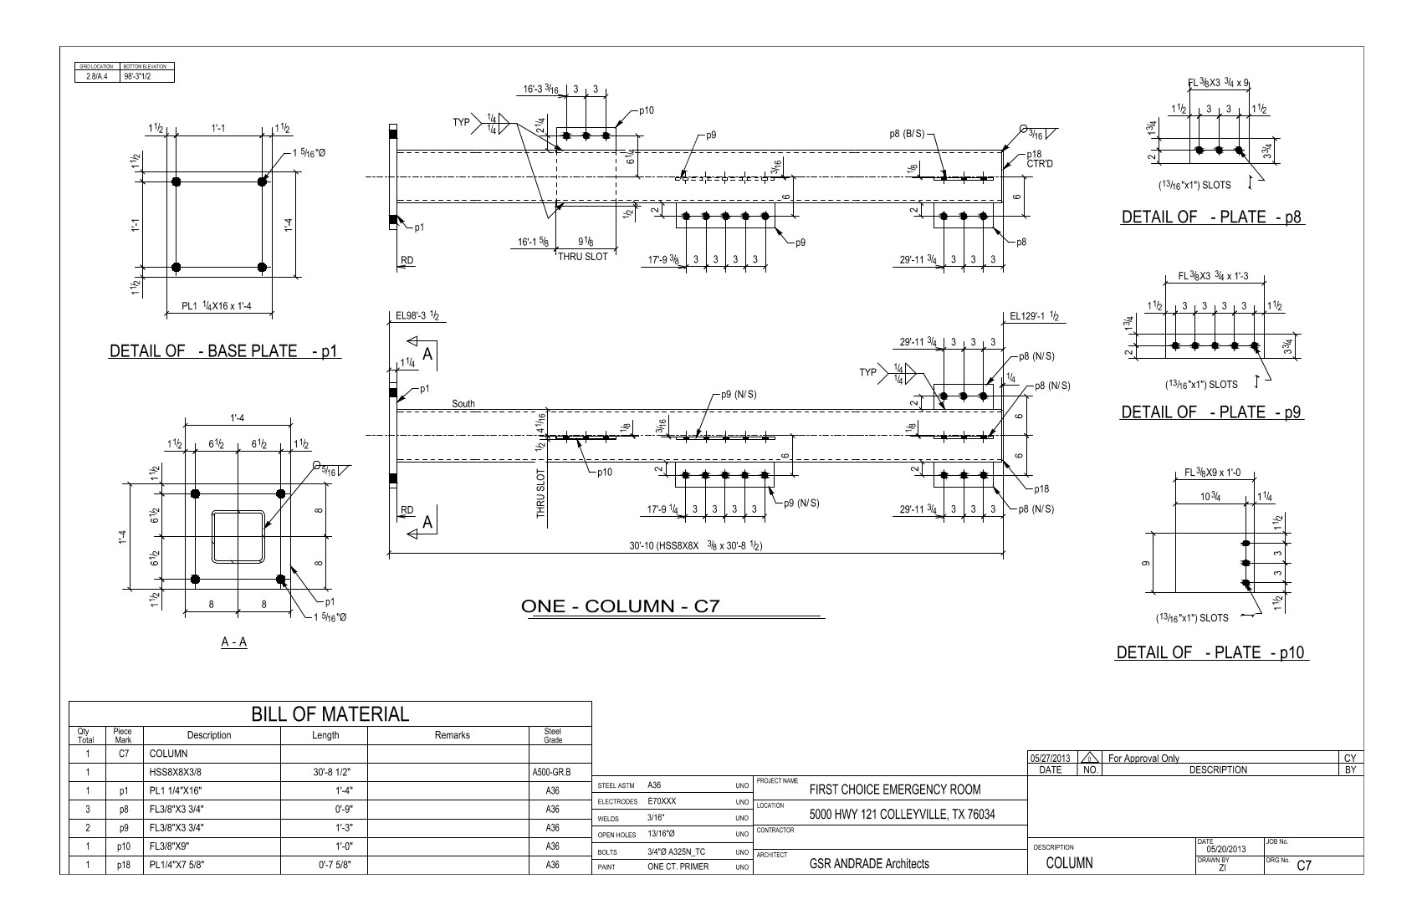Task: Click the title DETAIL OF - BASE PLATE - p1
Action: click(224, 350)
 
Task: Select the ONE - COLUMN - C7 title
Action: click(620, 606)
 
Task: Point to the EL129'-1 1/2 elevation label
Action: click(1034, 316)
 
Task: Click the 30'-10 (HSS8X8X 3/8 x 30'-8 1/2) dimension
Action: click(699, 545)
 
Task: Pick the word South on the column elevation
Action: click(463, 404)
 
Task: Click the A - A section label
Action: click(233, 642)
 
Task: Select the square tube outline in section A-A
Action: click(238, 536)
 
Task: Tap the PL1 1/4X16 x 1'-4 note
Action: click(217, 306)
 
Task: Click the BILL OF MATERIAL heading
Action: click(330, 713)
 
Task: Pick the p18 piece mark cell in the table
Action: click(123, 865)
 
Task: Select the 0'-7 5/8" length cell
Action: click(326, 865)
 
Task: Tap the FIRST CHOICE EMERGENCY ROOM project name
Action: click(895, 790)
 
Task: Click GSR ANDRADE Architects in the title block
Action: click(869, 864)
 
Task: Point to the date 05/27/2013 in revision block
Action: click(1050, 758)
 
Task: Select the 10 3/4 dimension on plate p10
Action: click(1210, 497)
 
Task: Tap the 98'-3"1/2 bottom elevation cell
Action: click(147, 76)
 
